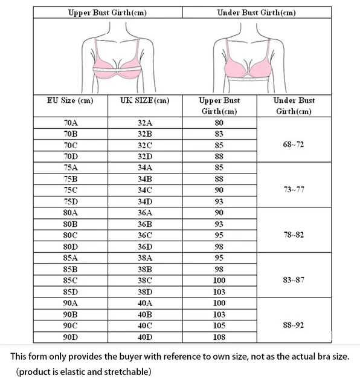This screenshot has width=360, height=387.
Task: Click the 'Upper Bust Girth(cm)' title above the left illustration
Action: (x=108, y=11)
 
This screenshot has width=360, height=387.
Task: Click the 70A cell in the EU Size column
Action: (x=71, y=122)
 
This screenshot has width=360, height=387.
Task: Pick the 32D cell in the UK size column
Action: (x=145, y=156)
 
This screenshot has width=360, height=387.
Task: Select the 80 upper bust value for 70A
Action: (x=219, y=122)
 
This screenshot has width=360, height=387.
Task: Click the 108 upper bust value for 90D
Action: (x=219, y=337)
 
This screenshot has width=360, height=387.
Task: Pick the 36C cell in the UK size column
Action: (x=145, y=235)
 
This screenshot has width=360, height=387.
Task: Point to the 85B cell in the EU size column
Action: (x=71, y=269)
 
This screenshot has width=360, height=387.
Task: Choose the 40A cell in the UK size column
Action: (x=145, y=303)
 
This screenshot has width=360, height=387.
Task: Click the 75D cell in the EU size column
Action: (x=71, y=201)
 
